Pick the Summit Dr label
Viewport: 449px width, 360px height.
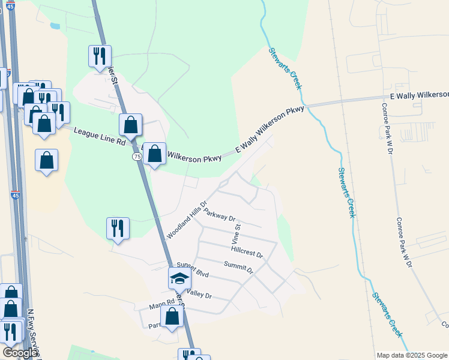238,267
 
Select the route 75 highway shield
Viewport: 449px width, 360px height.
137,156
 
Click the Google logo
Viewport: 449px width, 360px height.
19,352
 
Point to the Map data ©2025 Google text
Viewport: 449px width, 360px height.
411,355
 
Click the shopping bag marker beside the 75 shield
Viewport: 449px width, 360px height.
155,154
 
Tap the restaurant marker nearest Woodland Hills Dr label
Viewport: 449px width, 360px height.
118,228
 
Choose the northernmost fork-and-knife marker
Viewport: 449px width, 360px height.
100,56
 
